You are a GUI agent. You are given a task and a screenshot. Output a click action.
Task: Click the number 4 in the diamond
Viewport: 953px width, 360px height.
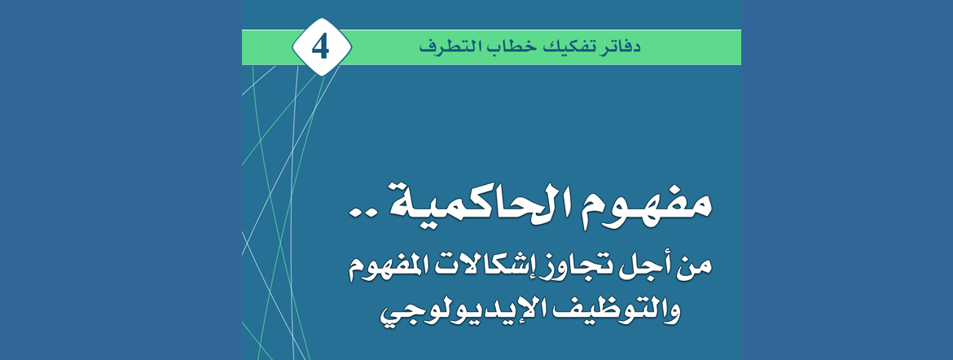click(x=321, y=47)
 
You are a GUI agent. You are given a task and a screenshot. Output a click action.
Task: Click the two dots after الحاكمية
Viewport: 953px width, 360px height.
click(x=362, y=213)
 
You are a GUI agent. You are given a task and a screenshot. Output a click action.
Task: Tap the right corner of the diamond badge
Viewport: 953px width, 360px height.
click(x=351, y=47)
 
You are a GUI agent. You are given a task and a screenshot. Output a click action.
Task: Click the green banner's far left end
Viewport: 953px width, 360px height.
click(x=243, y=47)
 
